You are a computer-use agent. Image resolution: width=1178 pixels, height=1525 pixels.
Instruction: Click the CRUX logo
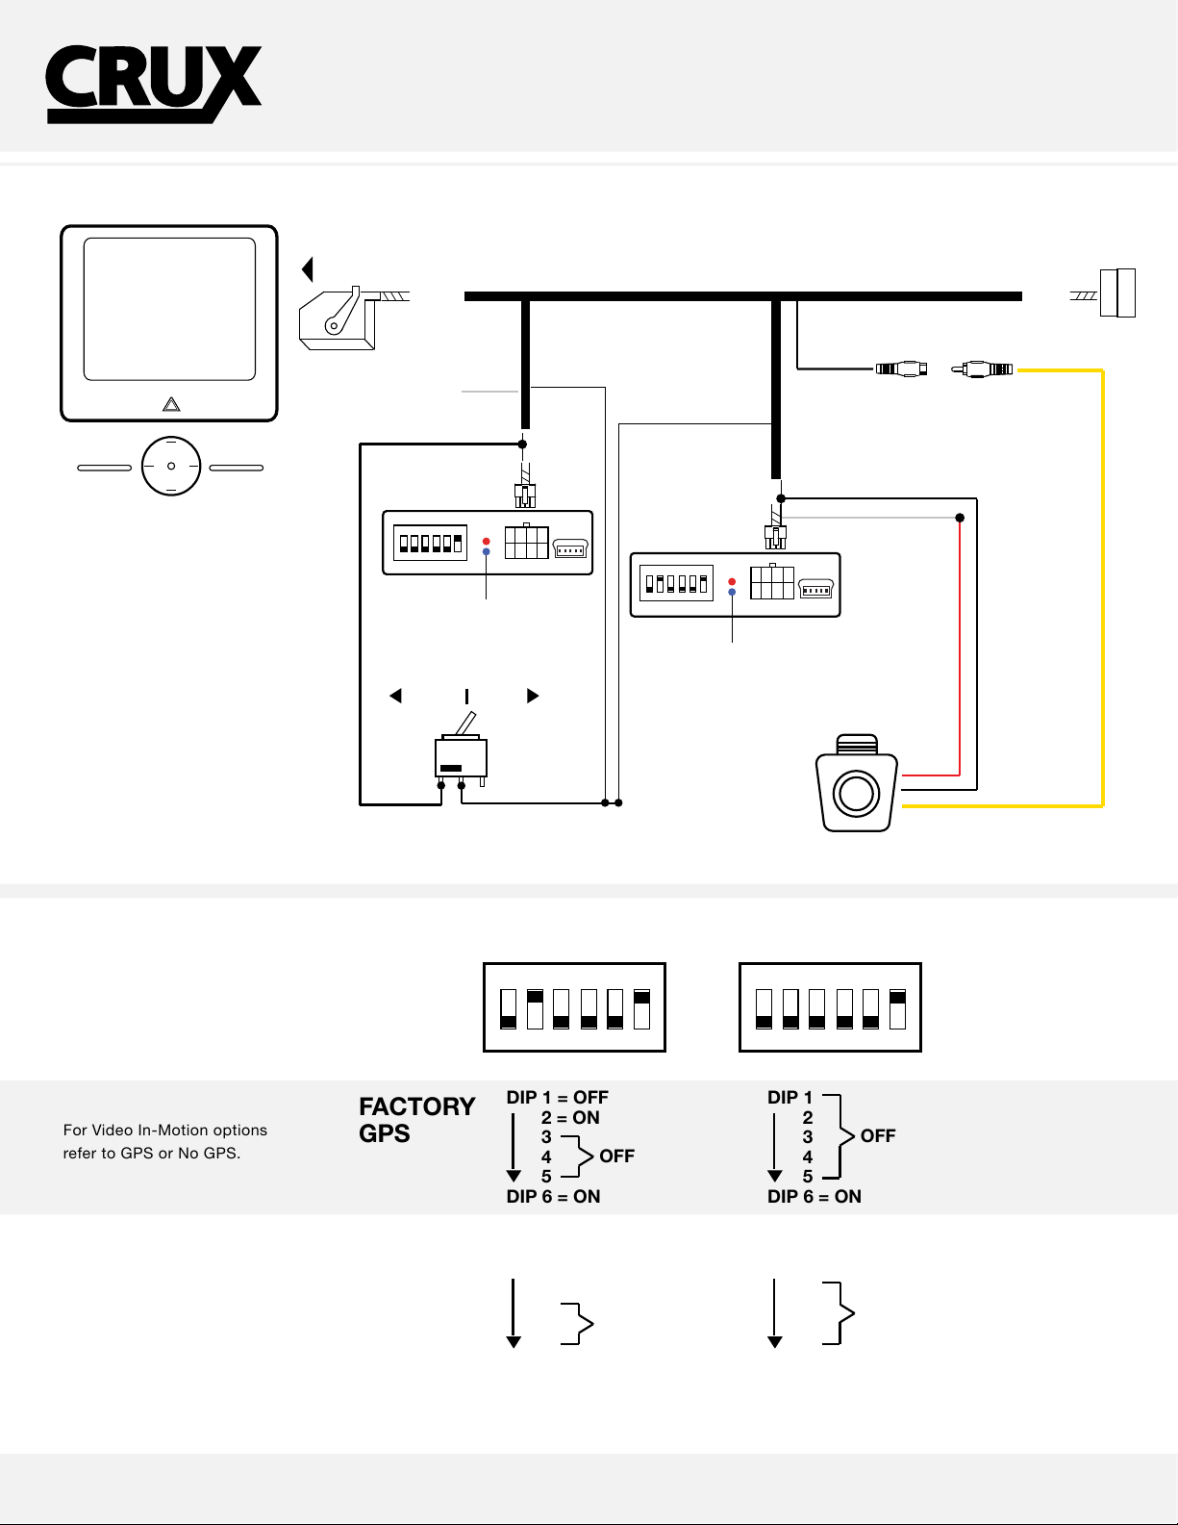pos(154,85)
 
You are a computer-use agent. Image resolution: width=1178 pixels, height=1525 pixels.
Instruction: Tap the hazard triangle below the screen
pos(171,404)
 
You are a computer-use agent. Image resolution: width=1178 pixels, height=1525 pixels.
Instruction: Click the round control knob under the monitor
pos(171,466)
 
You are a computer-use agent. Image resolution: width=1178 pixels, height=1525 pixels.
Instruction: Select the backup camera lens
pos(856,794)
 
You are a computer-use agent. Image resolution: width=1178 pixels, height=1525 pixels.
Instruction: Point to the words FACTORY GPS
pos(416,1119)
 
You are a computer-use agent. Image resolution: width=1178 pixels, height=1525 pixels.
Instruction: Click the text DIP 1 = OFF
pos(558,1097)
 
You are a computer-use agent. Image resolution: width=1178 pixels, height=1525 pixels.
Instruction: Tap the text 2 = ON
pos(570,1117)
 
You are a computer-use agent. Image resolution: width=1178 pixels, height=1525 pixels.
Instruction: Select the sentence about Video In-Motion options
pos(164,1141)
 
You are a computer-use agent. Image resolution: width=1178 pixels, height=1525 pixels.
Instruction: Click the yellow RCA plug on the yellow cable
pos(982,369)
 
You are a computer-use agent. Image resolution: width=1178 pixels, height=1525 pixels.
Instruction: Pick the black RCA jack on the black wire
pos(902,369)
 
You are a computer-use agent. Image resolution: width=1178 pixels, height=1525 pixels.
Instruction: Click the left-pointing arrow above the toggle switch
pos(395,696)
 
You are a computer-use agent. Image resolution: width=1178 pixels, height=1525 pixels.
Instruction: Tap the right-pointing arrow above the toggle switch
pos(533,696)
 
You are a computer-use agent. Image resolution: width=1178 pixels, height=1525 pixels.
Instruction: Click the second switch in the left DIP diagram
pos(535,1009)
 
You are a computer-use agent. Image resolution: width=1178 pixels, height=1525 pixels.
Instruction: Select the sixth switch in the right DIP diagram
pos(897,1009)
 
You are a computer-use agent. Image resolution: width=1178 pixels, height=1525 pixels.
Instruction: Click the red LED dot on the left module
pos(486,542)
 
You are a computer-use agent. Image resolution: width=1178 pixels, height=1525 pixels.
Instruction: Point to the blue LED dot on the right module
pos(732,593)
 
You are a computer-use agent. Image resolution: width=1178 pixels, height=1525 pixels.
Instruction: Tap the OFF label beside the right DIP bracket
pos(878,1135)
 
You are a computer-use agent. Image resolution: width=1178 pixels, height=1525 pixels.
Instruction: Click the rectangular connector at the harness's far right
pos(1117,292)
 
